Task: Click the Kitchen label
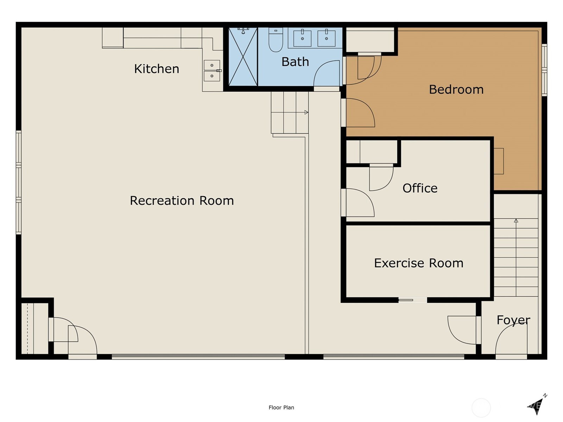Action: point(157,69)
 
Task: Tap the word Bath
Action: point(295,62)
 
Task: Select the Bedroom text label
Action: point(456,89)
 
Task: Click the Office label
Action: point(420,188)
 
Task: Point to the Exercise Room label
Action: point(418,263)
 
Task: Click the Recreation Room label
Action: point(182,200)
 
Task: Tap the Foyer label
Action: point(513,320)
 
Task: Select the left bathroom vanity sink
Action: point(302,38)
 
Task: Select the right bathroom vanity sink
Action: point(327,38)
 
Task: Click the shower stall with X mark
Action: point(243,57)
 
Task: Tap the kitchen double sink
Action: point(212,71)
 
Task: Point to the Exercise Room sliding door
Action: point(412,300)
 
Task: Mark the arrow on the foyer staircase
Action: point(516,221)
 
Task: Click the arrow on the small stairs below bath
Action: point(306,113)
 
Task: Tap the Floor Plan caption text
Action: point(281,408)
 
